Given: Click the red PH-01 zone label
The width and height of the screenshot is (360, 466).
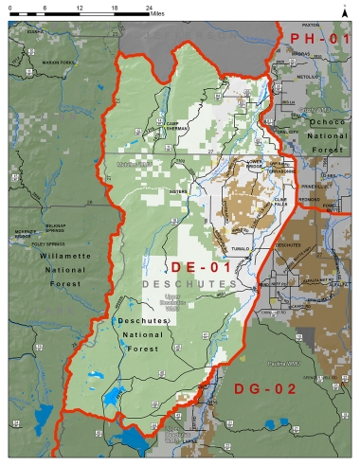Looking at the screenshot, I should [319, 39].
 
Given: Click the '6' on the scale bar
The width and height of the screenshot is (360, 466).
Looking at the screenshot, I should [45, 7].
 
